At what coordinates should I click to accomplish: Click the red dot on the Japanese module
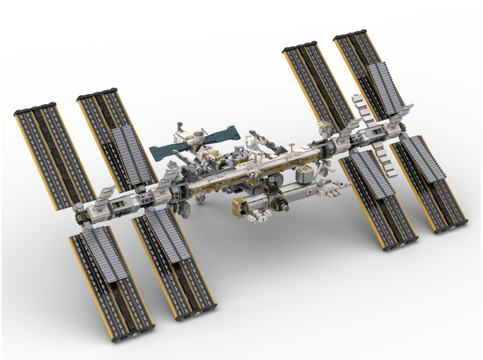tap(309, 191)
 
